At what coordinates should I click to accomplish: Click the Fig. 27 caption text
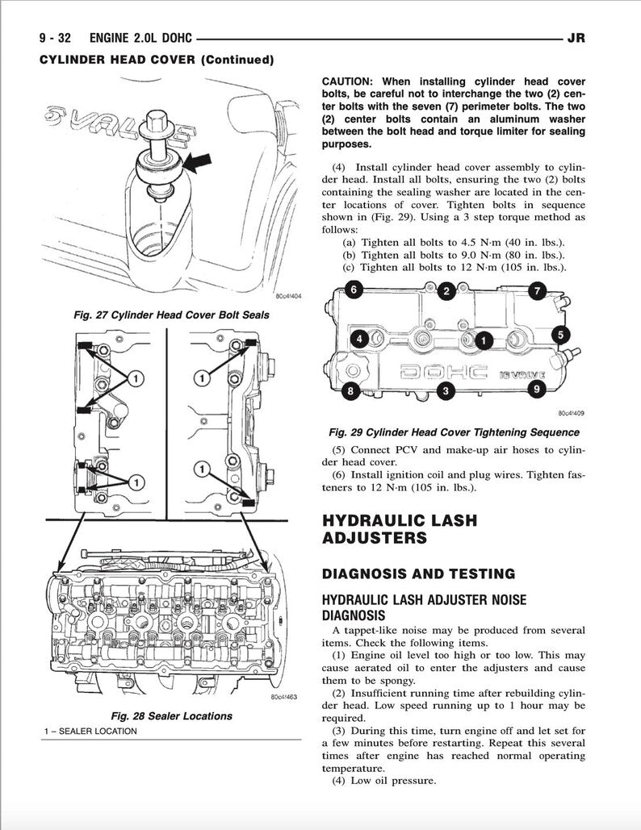(x=171, y=315)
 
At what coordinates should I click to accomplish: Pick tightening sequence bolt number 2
(x=445, y=292)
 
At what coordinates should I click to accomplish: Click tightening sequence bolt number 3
(x=443, y=392)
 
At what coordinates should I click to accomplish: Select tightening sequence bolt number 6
(x=352, y=289)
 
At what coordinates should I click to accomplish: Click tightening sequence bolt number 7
(x=537, y=290)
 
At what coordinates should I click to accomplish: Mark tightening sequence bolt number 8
(x=350, y=392)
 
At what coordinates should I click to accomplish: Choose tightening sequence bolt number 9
(x=535, y=390)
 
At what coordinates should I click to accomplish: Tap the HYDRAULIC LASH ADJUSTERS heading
(x=399, y=528)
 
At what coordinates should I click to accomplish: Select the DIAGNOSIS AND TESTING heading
(x=418, y=573)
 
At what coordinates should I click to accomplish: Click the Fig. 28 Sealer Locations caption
(x=171, y=715)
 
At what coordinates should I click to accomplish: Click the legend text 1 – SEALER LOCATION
(x=91, y=731)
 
